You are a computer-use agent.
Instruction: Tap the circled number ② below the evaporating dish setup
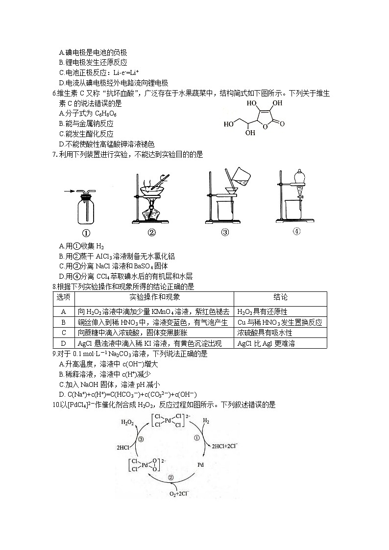tap(151, 233)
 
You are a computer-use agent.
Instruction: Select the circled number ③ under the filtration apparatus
tap(225, 233)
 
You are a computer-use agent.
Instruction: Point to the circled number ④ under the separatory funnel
tap(296, 232)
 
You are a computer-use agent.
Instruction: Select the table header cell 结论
tap(280, 297)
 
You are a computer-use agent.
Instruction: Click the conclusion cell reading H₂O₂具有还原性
tap(262, 311)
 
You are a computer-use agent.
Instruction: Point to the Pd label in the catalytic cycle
tap(200, 464)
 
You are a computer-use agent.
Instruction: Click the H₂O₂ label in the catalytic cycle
tap(127, 422)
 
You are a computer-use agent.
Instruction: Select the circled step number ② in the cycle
tap(170, 478)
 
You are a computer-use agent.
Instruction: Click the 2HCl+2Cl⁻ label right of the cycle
tap(225, 446)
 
